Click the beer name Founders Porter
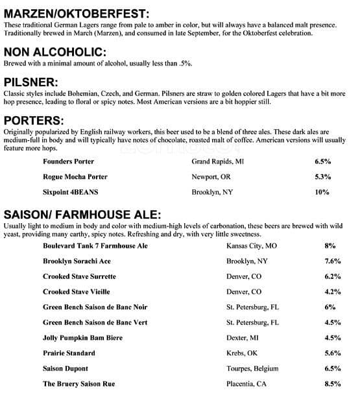point(68,161)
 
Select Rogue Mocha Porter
point(75,176)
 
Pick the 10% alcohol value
point(322,192)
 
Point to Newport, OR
point(211,176)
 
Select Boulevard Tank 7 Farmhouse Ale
point(95,246)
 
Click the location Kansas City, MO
point(252,246)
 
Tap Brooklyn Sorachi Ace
point(77,261)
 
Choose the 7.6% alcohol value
point(333,261)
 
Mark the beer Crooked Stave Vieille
point(76,292)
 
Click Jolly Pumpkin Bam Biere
point(82,337)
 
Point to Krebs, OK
point(242,353)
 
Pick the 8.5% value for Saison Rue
point(333,384)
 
